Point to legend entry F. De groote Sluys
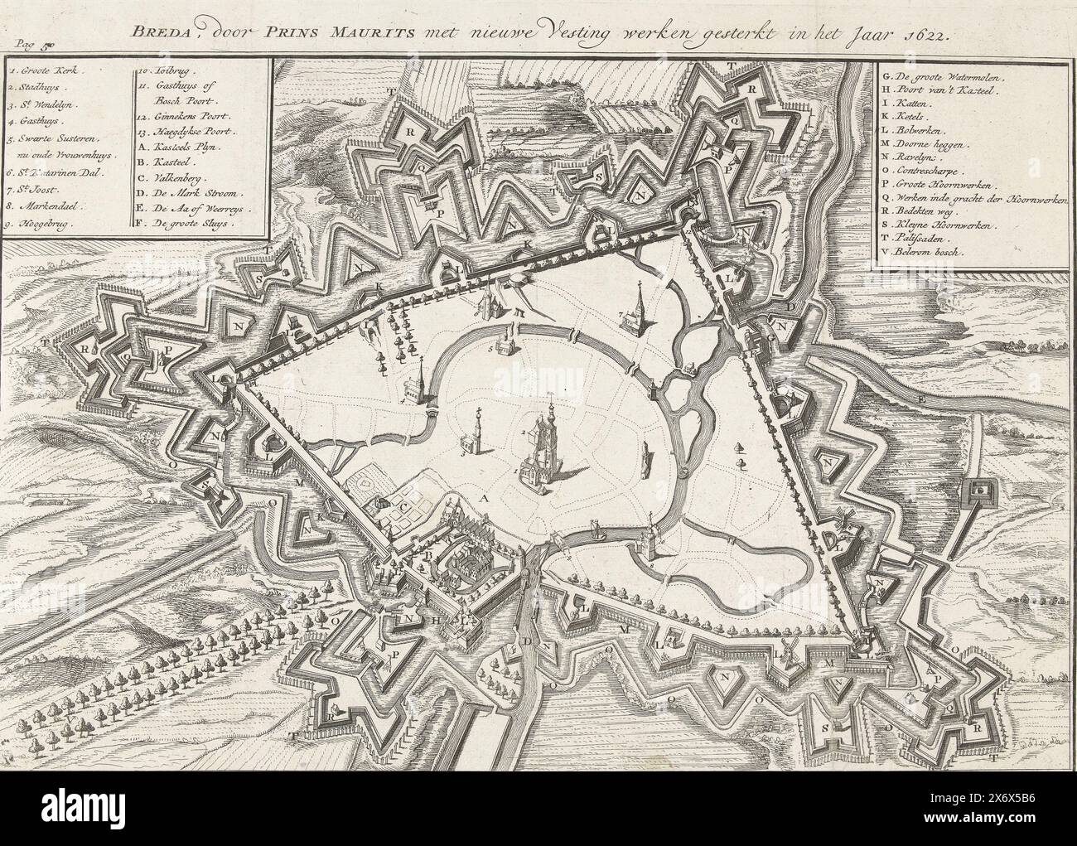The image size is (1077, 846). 186,223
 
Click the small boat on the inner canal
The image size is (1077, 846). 596,527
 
